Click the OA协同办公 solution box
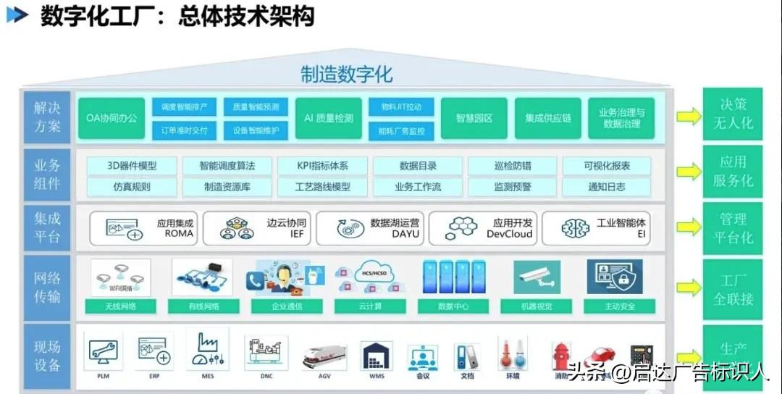point(112,118)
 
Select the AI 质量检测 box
point(328,118)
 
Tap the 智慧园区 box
point(474,118)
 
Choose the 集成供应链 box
point(547,118)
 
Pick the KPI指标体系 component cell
point(322,166)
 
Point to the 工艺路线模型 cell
point(322,187)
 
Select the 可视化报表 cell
point(607,166)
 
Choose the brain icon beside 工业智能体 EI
point(576,229)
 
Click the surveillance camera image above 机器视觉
point(537,277)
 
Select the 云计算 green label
point(370,306)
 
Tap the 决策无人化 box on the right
point(733,114)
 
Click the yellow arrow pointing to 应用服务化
point(689,172)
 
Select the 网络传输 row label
point(47,287)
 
